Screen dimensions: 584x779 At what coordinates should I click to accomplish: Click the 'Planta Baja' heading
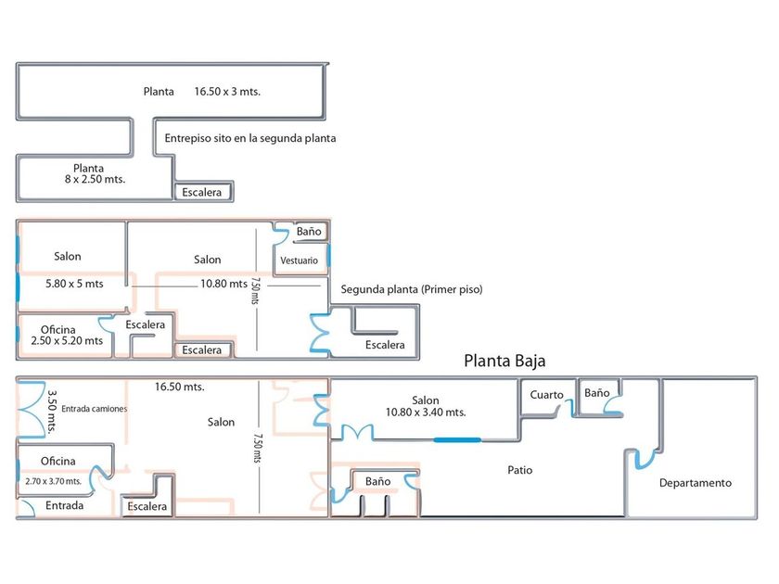point(510,362)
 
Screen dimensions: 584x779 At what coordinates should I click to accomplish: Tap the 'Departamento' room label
point(695,483)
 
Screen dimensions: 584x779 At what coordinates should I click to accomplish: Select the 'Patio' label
point(520,470)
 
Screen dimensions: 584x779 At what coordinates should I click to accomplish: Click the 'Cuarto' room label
point(546,395)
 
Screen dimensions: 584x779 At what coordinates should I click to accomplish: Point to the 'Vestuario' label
point(299,260)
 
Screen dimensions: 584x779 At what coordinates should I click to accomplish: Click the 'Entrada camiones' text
point(95,408)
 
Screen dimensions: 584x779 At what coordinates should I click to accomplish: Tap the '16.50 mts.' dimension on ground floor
point(179,387)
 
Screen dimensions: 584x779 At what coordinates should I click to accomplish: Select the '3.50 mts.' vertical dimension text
point(53,412)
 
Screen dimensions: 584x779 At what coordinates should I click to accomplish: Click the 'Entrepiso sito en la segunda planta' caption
point(249,138)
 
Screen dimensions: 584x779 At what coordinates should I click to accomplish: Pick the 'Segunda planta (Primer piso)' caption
point(412,289)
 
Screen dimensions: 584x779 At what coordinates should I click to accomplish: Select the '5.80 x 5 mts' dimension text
point(74,284)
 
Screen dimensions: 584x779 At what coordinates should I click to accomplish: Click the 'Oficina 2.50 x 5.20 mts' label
point(66,335)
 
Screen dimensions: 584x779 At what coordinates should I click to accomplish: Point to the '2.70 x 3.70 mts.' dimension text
point(54,481)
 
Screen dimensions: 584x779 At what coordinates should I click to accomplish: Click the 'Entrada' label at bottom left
point(65,505)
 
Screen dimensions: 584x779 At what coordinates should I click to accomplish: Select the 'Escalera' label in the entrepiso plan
point(202,193)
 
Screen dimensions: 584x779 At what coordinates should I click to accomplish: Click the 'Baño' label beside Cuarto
point(597,393)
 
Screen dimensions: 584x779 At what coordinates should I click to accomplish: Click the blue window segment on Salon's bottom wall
point(458,439)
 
